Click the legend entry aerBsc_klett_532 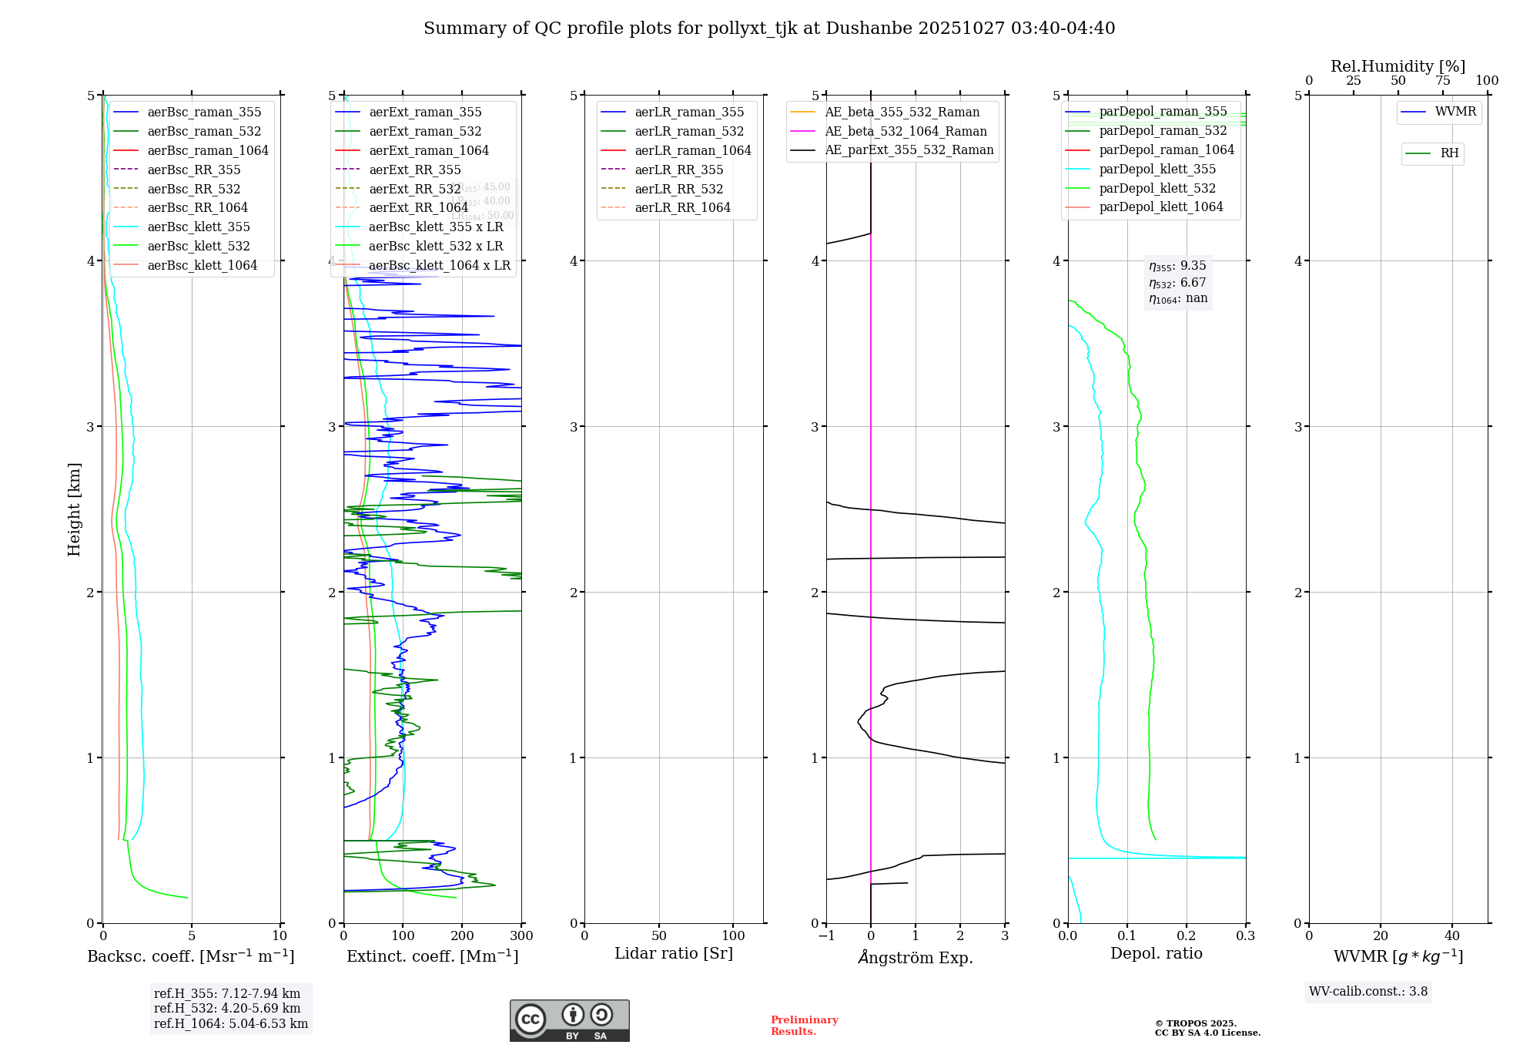point(198,246)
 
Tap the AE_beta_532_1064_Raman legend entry point(906,131)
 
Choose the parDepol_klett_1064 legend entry point(1160,207)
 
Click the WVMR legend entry point(1455,112)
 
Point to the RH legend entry point(1448,153)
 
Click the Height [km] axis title point(74,509)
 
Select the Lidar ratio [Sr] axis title point(674,953)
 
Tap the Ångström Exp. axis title point(916,957)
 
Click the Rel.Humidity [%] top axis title point(1398,66)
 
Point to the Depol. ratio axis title point(1156,953)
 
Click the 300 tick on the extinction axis point(521,936)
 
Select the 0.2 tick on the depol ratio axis point(1187,936)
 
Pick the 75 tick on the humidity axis point(1442,81)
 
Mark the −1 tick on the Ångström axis point(826,936)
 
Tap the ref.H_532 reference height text point(227,1008)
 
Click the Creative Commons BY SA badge point(569,1020)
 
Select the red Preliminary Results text point(804,1026)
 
